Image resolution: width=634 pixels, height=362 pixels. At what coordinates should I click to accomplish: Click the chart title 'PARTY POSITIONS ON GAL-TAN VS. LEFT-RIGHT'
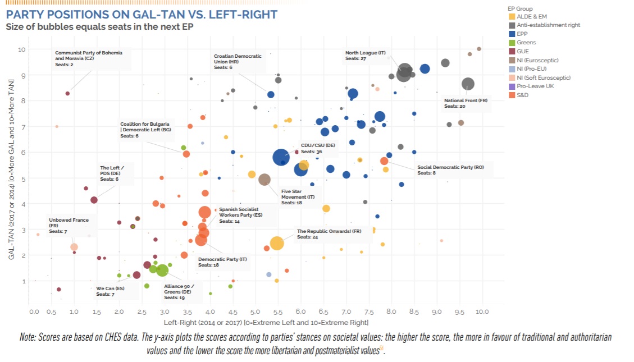click(x=141, y=13)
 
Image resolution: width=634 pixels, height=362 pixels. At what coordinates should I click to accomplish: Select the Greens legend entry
click(x=526, y=43)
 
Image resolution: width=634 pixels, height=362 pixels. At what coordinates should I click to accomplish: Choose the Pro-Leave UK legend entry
click(x=535, y=86)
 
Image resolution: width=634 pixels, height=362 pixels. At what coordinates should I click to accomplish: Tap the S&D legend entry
click(x=523, y=95)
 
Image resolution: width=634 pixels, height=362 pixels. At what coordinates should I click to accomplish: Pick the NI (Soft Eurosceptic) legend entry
click(x=543, y=77)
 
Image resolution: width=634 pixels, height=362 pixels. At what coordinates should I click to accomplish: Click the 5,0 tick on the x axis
click(x=254, y=311)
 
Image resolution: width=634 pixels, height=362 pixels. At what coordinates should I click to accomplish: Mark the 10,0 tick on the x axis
click(x=482, y=311)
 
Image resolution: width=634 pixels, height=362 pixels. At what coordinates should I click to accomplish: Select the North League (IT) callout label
click(x=365, y=55)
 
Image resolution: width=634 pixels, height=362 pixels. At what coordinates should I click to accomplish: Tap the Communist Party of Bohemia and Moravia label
click(x=89, y=58)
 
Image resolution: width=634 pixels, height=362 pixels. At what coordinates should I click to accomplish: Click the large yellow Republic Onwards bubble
click(x=277, y=243)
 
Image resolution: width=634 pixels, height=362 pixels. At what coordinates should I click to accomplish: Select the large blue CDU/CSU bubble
click(x=282, y=158)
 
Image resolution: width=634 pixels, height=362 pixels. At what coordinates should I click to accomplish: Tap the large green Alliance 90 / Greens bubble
click(x=162, y=271)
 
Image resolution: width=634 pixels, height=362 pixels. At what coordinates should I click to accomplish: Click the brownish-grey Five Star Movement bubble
click(x=264, y=180)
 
